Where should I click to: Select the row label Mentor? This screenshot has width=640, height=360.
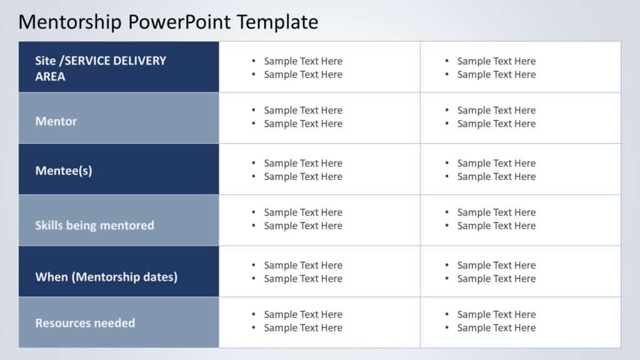(x=56, y=121)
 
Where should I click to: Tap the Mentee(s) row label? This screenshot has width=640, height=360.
(x=64, y=170)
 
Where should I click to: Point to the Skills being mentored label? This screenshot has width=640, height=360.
(x=94, y=225)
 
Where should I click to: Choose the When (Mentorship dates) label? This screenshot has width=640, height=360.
(x=106, y=277)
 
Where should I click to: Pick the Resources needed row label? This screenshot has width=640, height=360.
(x=85, y=323)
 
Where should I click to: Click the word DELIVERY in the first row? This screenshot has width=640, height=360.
(x=141, y=61)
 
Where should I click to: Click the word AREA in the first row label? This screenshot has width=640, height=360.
(x=50, y=77)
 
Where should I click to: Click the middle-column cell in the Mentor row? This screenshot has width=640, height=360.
(x=319, y=117)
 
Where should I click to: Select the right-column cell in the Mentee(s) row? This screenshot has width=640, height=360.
(x=520, y=169)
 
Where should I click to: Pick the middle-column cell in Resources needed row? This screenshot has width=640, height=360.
(x=319, y=322)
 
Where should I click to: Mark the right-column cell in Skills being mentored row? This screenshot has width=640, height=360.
(x=520, y=219)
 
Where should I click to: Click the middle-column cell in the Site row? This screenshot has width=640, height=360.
(x=319, y=67)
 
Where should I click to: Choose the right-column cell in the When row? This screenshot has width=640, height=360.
(x=520, y=272)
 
